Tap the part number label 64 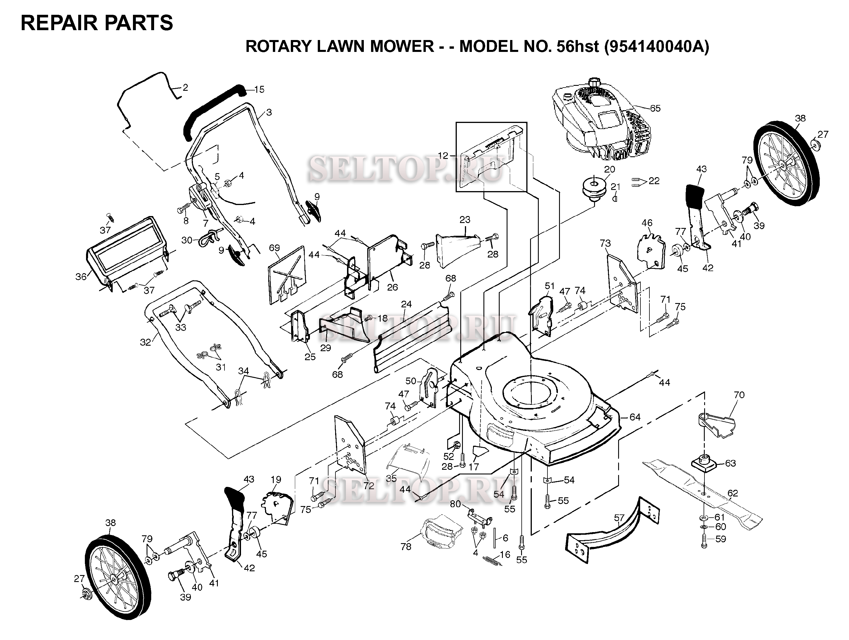coord(635,417)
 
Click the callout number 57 coord(619,518)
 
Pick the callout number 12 coord(443,156)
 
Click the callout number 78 coord(406,546)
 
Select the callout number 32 coord(145,342)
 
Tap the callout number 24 coord(406,304)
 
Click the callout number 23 coord(465,220)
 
